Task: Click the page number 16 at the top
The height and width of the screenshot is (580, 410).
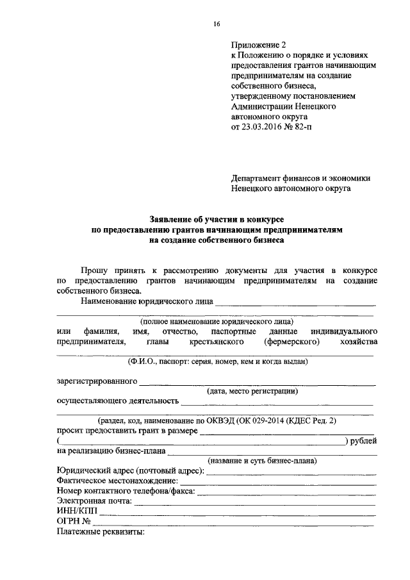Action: [217, 24]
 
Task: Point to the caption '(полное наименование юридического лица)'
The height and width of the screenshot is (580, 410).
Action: [217, 322]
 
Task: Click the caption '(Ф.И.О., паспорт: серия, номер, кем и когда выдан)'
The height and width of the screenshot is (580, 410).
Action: [217, 362]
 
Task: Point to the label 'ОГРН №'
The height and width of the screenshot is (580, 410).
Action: [72, 522]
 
